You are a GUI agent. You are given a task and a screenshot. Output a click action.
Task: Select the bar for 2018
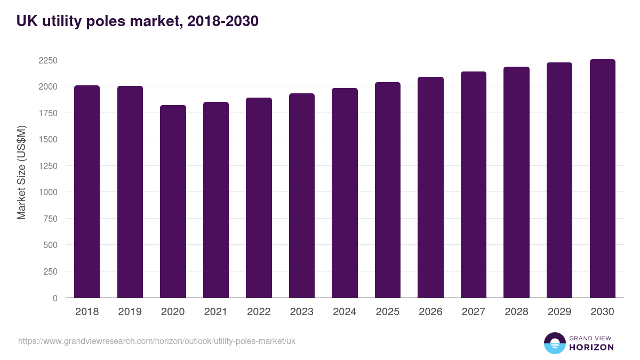87,191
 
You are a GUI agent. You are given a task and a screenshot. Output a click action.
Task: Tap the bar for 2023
302,196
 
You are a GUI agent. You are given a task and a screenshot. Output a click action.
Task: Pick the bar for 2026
430,187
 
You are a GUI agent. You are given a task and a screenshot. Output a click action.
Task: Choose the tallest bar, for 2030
602,179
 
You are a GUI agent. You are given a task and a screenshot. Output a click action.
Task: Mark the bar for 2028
516,182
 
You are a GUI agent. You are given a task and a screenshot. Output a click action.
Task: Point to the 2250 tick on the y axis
47,60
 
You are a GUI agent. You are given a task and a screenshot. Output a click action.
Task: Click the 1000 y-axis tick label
47,192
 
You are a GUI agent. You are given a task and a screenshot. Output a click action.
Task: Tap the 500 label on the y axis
50,245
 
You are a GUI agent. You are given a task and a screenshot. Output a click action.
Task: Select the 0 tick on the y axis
55,298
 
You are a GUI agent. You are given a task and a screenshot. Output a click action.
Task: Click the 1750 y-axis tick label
47,113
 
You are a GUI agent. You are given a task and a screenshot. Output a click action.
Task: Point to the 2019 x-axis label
130,312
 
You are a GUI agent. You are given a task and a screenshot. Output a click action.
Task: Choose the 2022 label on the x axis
259,312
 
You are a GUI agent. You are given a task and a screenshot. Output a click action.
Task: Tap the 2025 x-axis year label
388,312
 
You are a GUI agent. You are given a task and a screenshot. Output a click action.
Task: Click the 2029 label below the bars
559,312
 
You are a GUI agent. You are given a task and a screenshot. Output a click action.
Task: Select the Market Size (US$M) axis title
21,172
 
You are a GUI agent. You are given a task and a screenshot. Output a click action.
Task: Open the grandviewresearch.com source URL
157,341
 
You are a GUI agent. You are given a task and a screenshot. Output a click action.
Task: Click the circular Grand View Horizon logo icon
555,343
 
